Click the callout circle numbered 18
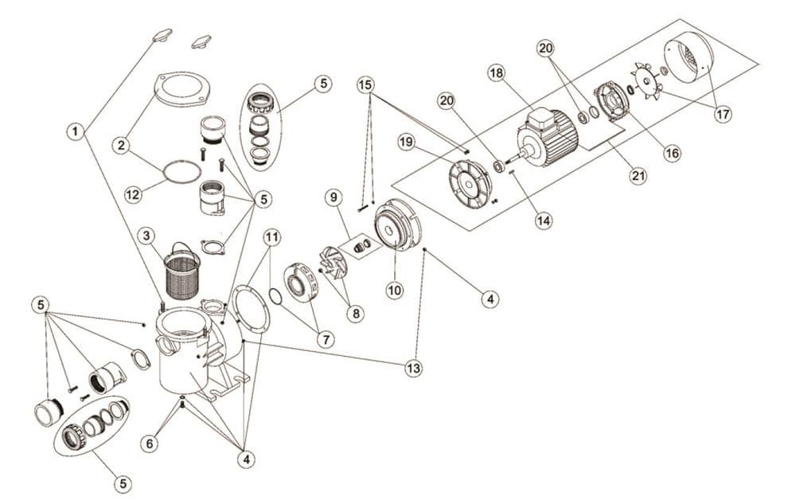[x=497, y=73]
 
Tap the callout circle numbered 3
[x=145, y=236]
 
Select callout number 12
[x=134, y=193]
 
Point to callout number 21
[x=638, y=177]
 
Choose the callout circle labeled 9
[x=333, y=196]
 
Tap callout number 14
[x=544, y=220]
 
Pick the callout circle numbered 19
[x=406, y=142]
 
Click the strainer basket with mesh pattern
[x=184, y=275]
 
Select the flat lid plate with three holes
[x=182, y=89]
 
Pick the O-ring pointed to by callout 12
[x=182, y=170]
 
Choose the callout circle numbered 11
[x=273, y=236]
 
